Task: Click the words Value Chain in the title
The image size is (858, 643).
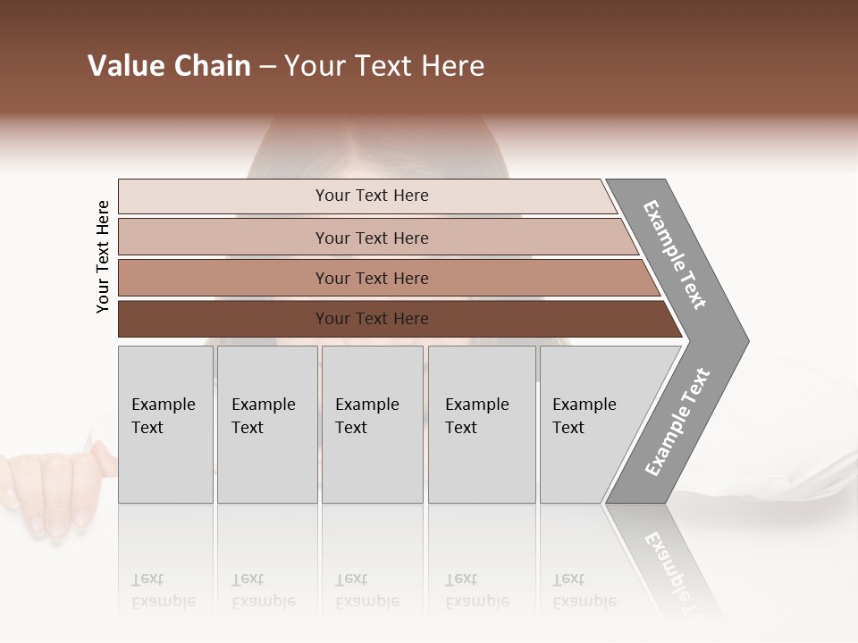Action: coord(169,66)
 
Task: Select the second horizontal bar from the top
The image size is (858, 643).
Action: coord(372,238)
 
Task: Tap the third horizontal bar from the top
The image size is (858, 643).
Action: coord(372,279)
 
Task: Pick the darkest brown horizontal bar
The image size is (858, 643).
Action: coord(372,319)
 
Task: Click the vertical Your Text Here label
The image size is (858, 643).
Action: coord(103,256)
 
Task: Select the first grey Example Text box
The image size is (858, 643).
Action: coord(165,424)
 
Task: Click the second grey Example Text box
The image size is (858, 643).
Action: coord(266,424)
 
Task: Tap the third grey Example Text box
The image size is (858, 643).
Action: coord(372,424)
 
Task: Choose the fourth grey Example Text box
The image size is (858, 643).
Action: coord(481,424)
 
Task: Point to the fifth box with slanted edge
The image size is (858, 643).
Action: coord(590,424)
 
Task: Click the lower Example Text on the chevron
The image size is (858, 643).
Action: coord(677,422)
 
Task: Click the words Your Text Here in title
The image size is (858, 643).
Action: coord(384,66)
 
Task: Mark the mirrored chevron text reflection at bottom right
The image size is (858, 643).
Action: coord(670,572)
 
